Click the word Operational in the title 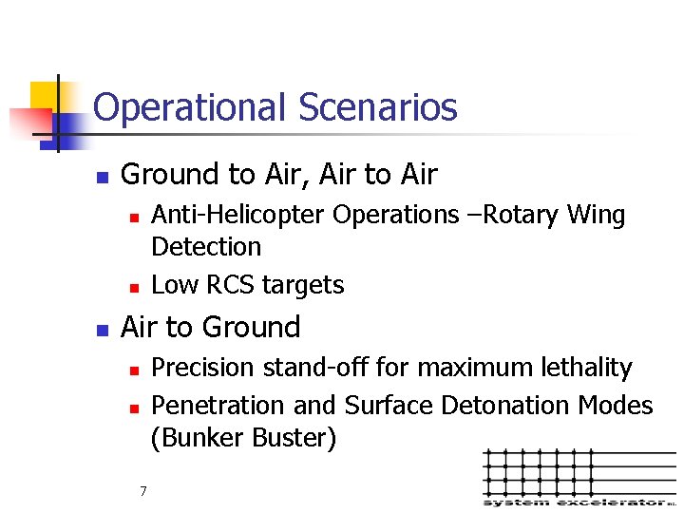pyautogui.click(x=191, y=108)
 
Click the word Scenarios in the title pyautogui.click(x=377, y=107)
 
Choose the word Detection pyautogui.click(x=206, y=247)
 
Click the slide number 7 pyautogui.click(x=142, y=491)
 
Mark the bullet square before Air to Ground pyautogui.click(x=102, y=330)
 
